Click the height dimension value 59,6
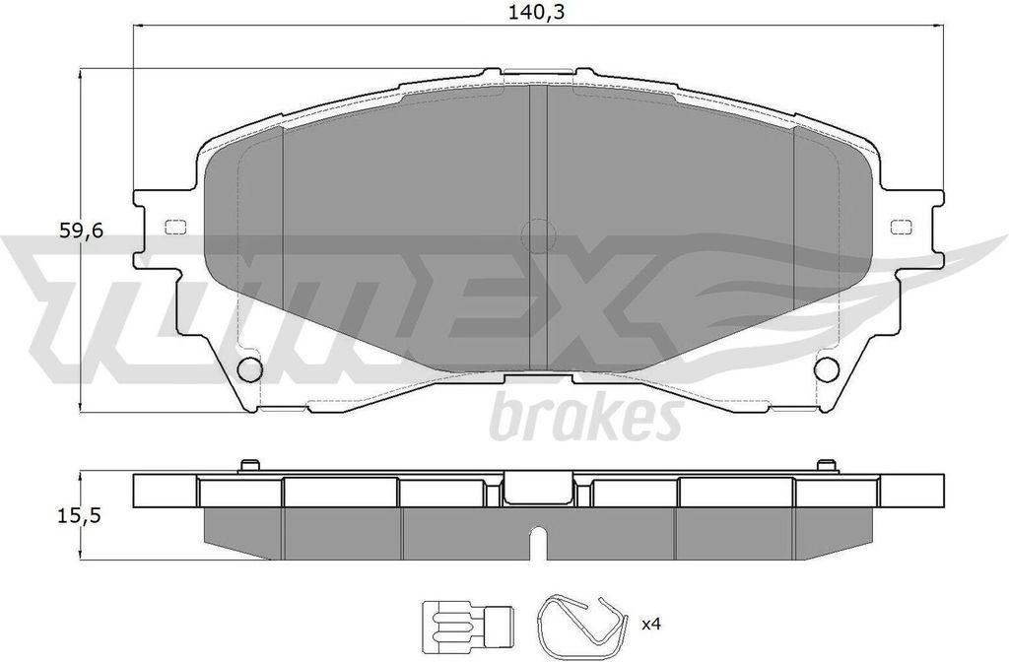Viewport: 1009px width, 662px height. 81,231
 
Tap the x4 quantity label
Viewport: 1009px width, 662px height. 651,623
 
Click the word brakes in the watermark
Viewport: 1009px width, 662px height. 586,418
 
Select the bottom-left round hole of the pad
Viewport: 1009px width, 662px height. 249,368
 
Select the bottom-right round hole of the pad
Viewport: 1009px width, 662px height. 826,368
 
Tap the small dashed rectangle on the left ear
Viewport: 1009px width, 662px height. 175,227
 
